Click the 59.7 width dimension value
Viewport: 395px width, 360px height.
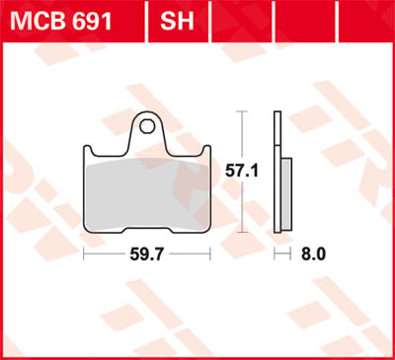(148, 254)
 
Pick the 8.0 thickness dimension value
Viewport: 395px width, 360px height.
(313, 254)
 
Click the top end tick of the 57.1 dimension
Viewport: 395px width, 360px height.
(240, 112)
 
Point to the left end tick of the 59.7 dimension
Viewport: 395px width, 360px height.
(84, 254)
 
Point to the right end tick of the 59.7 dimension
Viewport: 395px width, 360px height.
(212, 254)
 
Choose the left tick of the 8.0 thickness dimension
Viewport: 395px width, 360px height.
(275, 254)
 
